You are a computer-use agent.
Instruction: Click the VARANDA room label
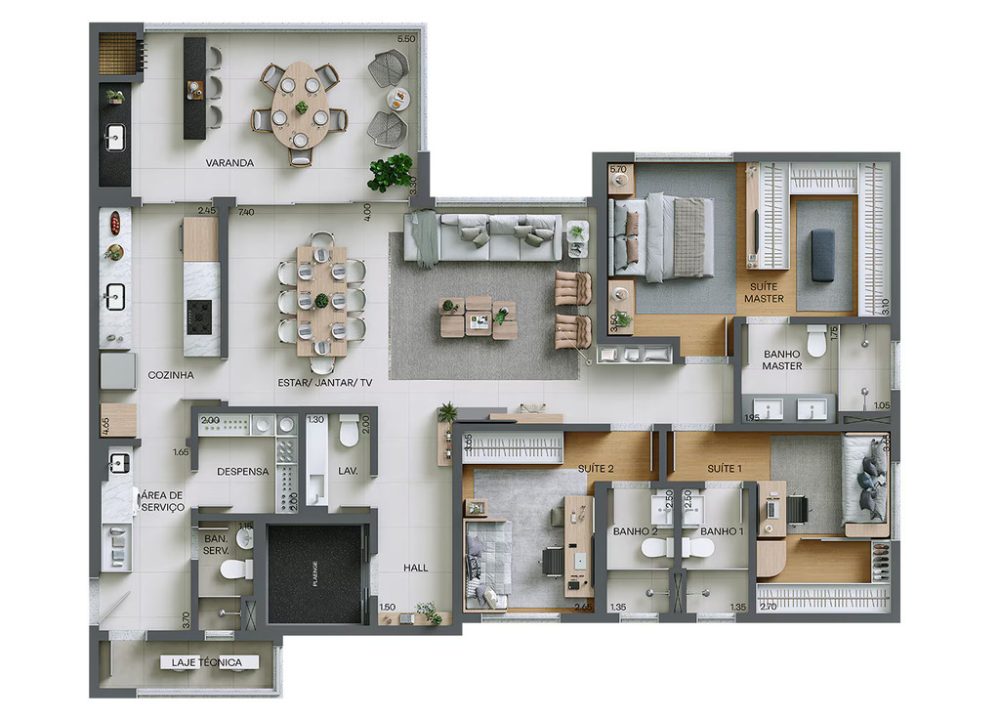pos(229,163)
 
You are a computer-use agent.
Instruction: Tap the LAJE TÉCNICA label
pos(206,662)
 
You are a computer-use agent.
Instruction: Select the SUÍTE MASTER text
pos(764,292)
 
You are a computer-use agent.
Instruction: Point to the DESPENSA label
pos(242,471)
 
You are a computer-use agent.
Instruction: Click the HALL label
pos(416,568)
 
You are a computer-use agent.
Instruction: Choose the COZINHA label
pos(171,374)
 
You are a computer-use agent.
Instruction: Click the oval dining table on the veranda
pos(300,105)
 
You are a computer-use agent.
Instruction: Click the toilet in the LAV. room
pos(349,431)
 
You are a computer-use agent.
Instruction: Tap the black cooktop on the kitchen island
pos(200,314)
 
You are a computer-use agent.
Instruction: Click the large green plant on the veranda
pos(390,172)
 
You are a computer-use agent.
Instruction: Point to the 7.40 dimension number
pos(245,211)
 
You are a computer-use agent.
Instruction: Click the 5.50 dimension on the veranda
pos(405,38)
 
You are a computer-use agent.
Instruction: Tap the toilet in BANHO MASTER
pos(816,342)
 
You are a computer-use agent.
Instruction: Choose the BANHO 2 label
pos(634,531)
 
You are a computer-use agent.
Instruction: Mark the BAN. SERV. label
pos(215,545)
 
